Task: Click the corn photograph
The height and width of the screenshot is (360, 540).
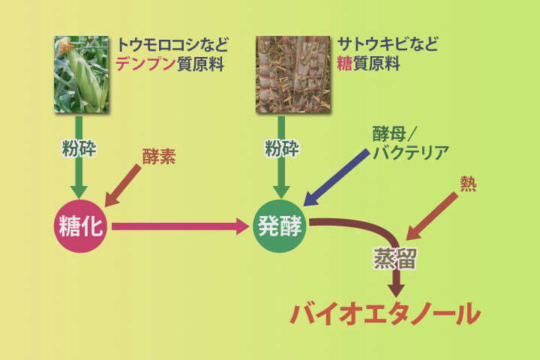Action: [x=81, y=73]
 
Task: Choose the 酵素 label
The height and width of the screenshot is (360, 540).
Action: [x=159, y=157]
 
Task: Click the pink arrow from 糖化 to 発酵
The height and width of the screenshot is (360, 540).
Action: [x=180, y=225]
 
